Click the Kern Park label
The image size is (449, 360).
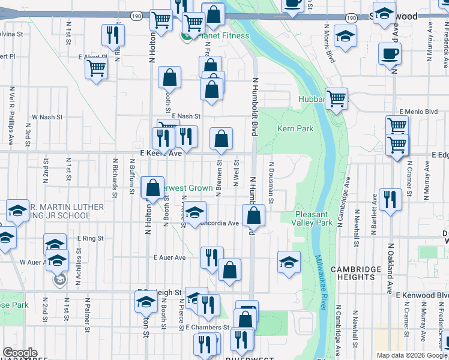coord(295,128)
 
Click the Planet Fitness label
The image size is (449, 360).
coord(223,35)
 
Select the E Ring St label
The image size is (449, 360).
coord(90,238)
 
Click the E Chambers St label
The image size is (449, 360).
coord(208,328)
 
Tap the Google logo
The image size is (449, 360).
coord(19,353)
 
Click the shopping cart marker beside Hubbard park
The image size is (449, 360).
coord(336,98)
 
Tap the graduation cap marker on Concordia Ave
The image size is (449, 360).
coord(194,212)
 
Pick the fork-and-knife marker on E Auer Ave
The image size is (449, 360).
coord(211,258)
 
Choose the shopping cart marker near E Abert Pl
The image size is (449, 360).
coord(95,68)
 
